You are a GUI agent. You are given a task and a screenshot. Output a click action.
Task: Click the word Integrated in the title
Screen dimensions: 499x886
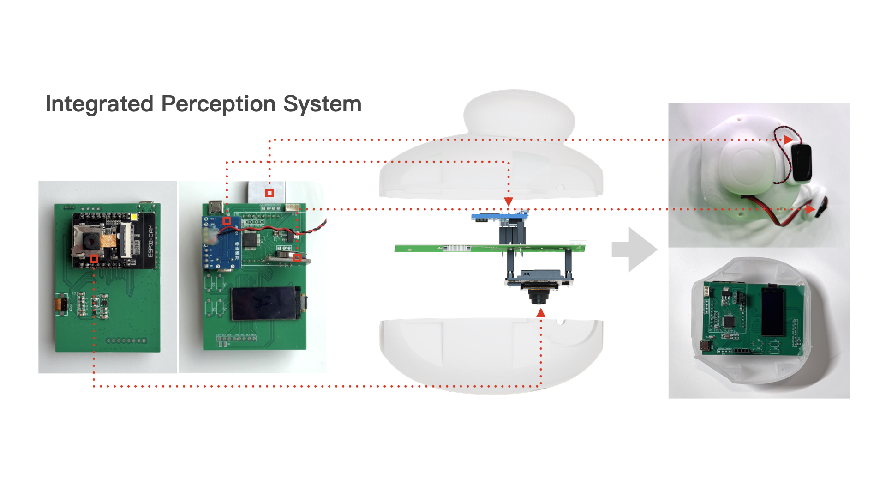pyautogui.click(x=99, y=104)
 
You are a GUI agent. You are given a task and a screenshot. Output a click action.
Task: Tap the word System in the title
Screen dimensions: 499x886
pyautogui.click(x=322, y=104)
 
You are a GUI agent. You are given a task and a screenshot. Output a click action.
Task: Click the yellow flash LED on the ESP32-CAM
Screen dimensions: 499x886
pyautogui.click(x=134, y=217)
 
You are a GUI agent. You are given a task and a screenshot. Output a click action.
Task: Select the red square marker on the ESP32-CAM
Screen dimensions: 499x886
pyautogui.click(x=94, y=259)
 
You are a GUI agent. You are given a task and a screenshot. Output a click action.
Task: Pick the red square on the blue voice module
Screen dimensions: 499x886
pyautogui.click(x=227, y=221)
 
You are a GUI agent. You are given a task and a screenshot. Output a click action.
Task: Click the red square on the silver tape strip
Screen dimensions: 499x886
pyautogui.click(x=269, y=192)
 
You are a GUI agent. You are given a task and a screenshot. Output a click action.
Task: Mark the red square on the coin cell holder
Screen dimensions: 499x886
pyautogui.click(x=297, y=258)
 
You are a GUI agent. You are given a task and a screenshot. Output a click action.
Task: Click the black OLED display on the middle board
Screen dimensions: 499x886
pyautogui.click(x=265, y=304)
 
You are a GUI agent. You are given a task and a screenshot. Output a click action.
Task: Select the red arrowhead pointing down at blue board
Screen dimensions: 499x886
pyautogui.click(x=509, y=201)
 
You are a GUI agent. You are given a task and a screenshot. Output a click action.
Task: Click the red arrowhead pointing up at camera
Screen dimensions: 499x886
pyautogui.click(x=541, y=313)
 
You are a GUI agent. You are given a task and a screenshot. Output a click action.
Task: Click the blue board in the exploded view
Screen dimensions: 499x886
pyautogui.click(x=498, y=216)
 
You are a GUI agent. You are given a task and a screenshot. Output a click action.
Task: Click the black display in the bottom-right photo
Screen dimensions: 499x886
pyautogui.click(x=772, y=311)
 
